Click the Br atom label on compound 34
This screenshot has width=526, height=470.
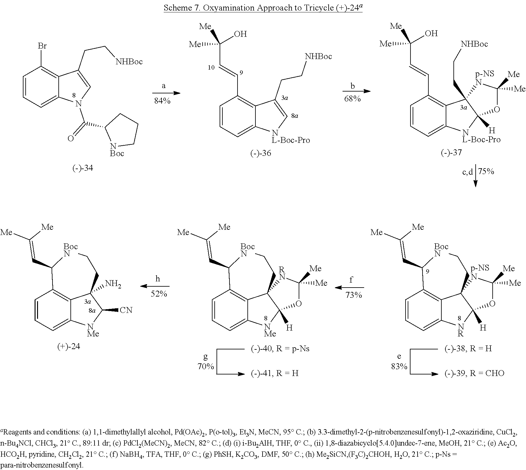(x=42, y=46)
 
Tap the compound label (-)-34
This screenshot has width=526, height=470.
(x=83, y=168)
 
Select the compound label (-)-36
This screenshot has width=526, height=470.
(x=261, y=153)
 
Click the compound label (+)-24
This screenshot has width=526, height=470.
(x=69, y=346)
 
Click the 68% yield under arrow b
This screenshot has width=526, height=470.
(x=353, y=99)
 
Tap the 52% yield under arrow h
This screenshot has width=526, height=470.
(x=159, y=294)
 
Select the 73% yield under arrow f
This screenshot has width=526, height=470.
(x=354, y=295)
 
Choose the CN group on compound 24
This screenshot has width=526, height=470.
(x=126, y=310)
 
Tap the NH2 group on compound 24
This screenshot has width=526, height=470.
(x=113, y=284)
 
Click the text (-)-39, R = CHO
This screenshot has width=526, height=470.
(x=474, y=373)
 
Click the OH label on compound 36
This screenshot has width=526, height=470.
(x=241, y=34)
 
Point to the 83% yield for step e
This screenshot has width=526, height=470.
(x=399, y=366)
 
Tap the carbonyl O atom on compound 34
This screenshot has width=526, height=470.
(x=71, y=138)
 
